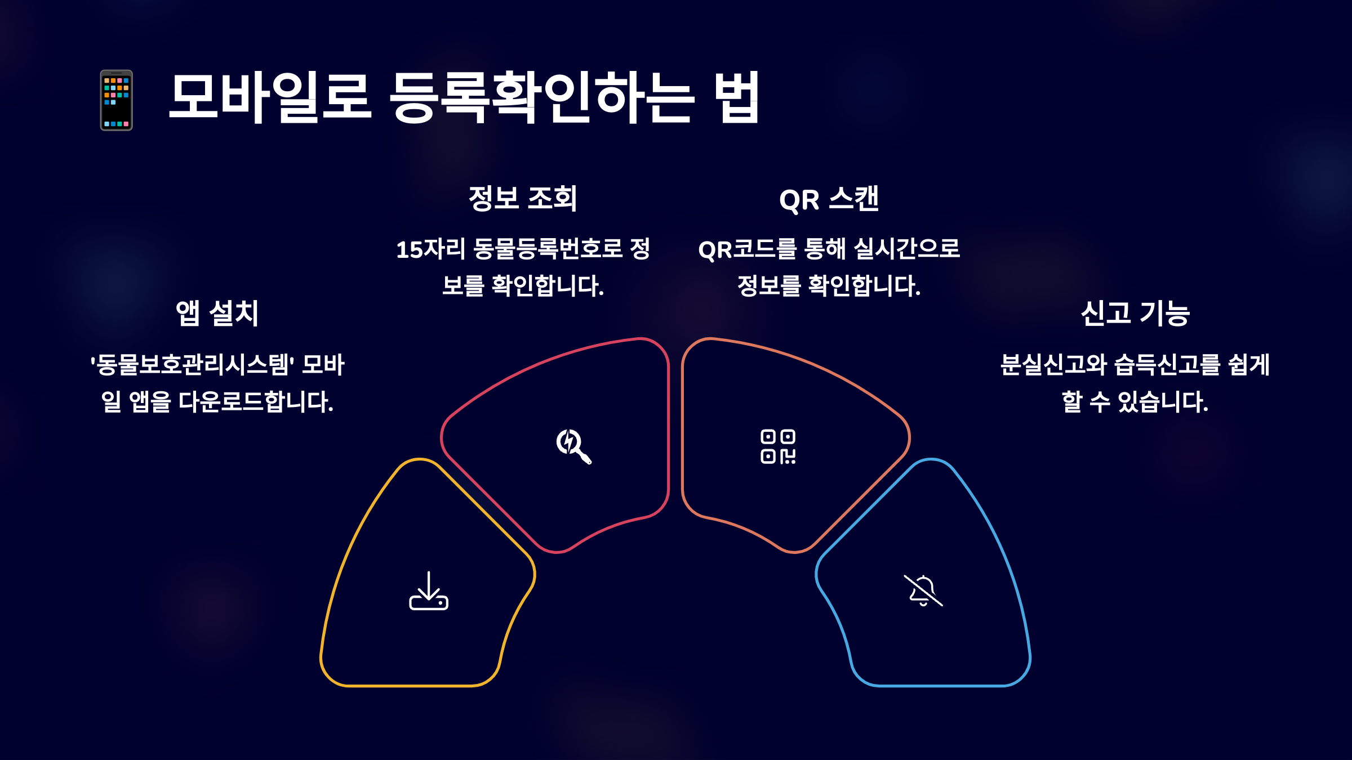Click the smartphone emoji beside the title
tap(116, 100)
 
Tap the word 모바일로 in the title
tap(270, 97)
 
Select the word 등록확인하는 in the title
tap(541, 97)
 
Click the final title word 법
tap(736, 97)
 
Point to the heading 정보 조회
tap(523, 199)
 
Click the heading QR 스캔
tap(829, 199)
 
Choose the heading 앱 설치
tap(217, 313)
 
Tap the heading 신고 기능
tap(1135, 313)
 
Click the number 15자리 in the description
tap(430, 249)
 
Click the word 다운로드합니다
tap(256, 402)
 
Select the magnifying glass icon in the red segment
tap(573, 446)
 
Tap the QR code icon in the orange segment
tap(778, 446)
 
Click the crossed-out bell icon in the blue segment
tap(923, 591)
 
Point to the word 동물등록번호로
tap(548, 249)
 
